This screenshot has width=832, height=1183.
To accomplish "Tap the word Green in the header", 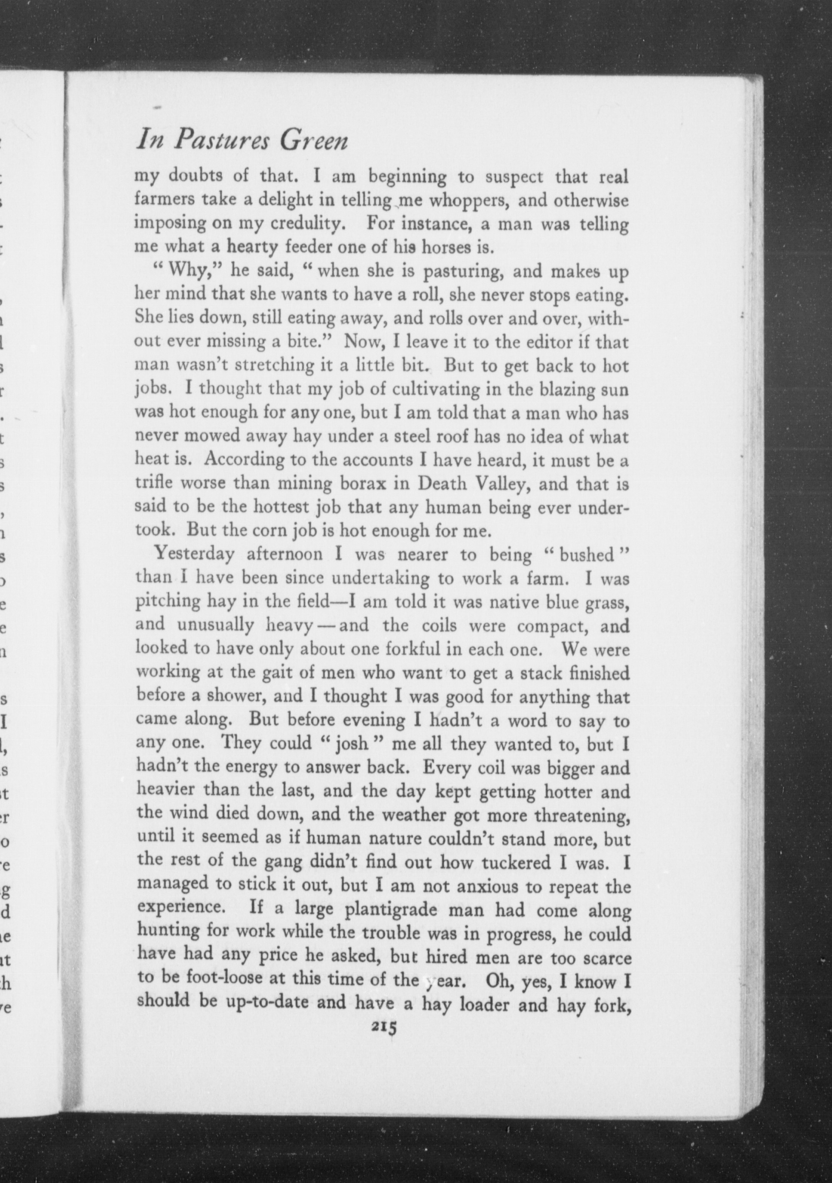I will pos(314,141).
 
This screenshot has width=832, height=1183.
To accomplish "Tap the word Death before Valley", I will pos(443,483).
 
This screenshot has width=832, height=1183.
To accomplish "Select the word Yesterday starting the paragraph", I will pos(195,555).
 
